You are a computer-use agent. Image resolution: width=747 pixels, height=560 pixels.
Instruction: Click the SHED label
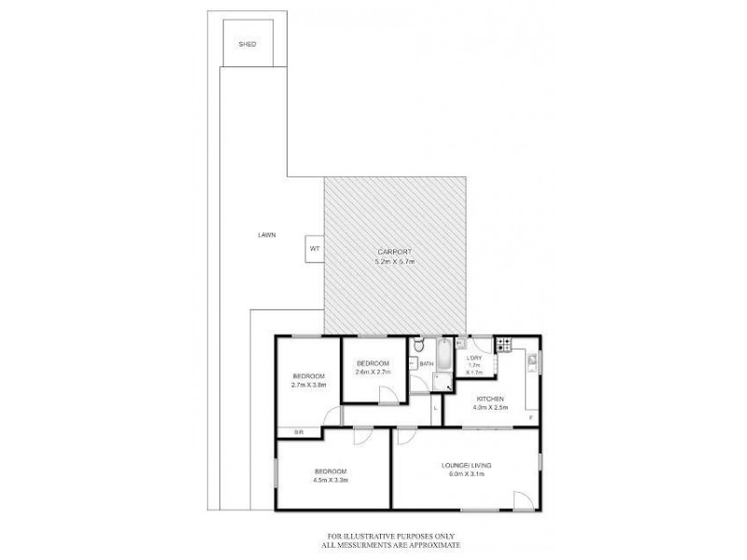pos(247,44)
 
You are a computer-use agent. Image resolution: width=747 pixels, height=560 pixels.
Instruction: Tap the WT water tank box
pos(314,249)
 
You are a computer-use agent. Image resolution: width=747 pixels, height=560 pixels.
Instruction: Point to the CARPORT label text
pos(393,254)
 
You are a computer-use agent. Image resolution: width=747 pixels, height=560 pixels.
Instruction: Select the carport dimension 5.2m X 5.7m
pos(393,263)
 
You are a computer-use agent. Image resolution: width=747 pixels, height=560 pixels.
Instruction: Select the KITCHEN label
pos(488,399)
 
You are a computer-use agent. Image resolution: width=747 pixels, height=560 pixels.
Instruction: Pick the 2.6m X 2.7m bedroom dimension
pos(373,371)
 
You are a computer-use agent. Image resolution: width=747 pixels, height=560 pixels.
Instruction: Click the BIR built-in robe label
pos(299,432)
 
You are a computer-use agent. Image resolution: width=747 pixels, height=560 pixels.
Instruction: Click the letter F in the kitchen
pos(530,417)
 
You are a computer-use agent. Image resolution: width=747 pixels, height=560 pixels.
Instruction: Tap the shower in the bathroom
pos(439,379)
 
